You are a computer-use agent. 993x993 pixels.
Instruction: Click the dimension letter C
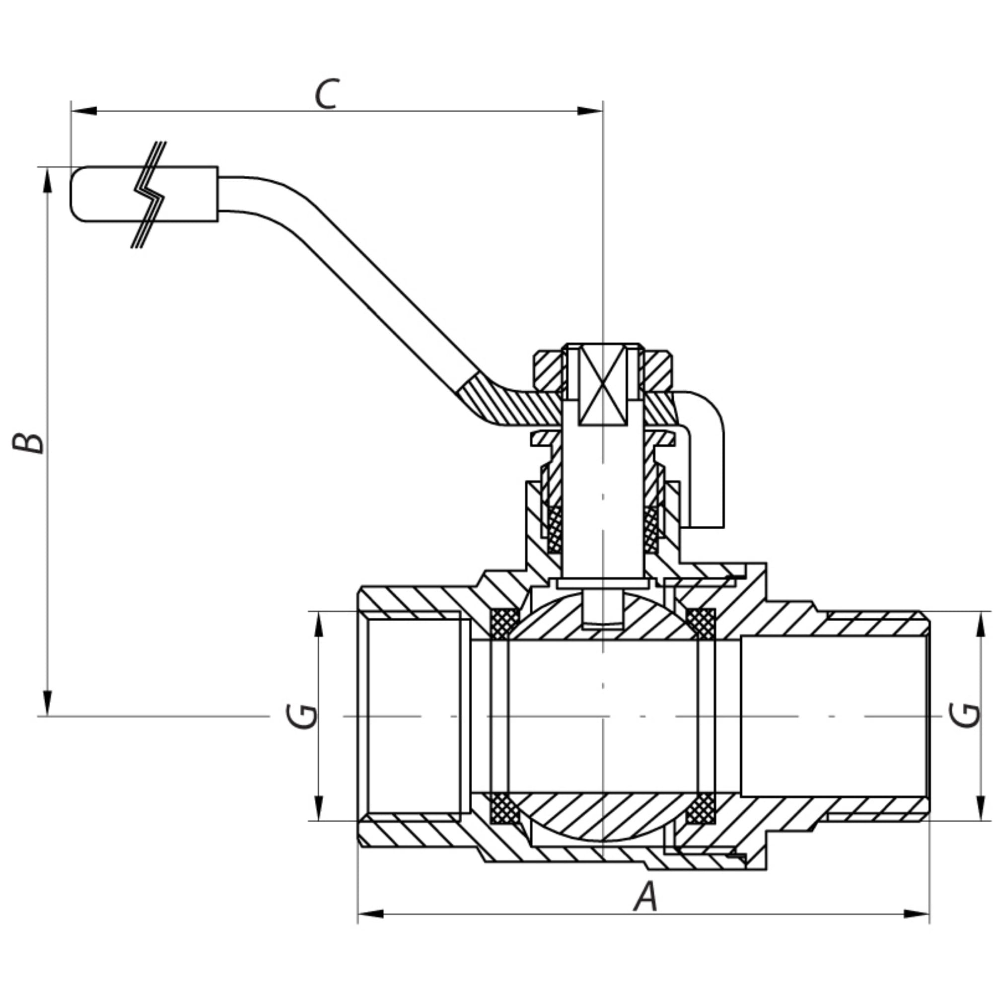(327, 94)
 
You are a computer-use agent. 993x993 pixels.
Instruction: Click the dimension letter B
(28, 443)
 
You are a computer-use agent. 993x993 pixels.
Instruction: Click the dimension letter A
(645, 896)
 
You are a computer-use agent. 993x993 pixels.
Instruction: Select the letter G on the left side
(302, 716)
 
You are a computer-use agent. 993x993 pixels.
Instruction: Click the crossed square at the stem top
(603, 385)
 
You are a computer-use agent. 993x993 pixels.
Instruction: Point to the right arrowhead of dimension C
(589, 111)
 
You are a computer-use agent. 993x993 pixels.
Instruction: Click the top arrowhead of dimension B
(47, 180)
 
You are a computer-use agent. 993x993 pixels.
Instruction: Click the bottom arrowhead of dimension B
(47, 703)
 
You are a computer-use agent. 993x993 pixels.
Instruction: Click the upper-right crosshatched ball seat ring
(701, 624)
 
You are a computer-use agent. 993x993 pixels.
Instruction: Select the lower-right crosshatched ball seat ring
(701, 808)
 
